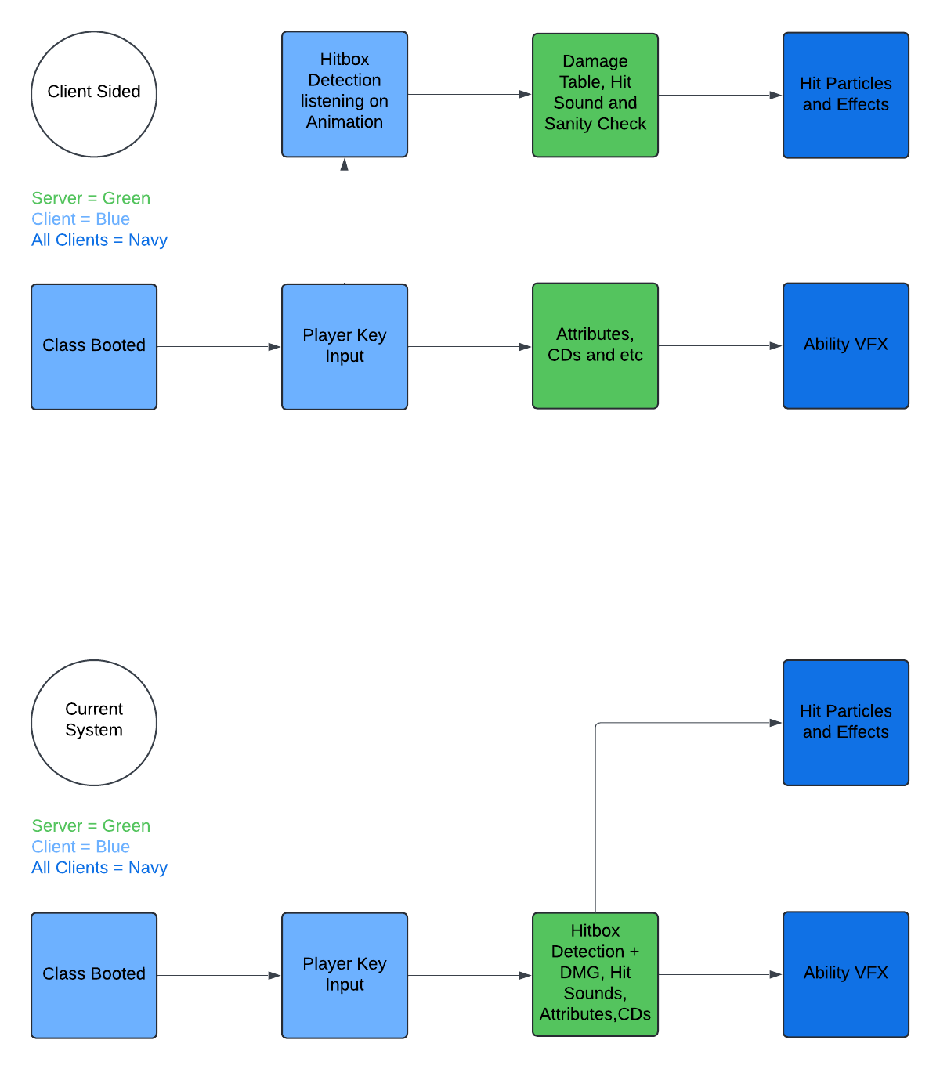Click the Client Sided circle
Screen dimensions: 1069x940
tap(94, 94)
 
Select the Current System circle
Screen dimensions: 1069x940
tap(94, 722)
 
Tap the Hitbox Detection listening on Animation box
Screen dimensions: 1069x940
tap(345, 94)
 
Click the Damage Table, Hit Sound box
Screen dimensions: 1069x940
tap(595, 95)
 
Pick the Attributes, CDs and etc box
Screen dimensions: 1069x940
tap(595, 345)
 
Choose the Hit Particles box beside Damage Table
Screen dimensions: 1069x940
tap(846, 95)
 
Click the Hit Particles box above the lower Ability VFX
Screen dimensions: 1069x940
tap(846, 722)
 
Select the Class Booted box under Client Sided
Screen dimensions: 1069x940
tap(94, 346)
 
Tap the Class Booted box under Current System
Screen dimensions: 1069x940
tap(94, 975)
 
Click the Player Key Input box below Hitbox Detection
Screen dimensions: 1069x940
tap(345, 346)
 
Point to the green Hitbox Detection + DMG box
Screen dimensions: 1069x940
tap(595, 974)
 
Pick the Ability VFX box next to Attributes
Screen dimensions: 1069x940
tap(846, 345)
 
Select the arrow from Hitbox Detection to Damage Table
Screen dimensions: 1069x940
tap(470, 94)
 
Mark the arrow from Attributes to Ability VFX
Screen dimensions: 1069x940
tap(721, 345)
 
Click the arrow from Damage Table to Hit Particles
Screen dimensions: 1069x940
tap(721, 95)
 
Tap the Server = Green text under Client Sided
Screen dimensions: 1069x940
tap(91, 198)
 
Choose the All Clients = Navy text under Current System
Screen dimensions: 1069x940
tap(99, 868)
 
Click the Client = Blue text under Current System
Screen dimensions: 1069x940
tap(81, 847)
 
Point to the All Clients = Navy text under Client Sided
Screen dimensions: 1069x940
tap(99, 240)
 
